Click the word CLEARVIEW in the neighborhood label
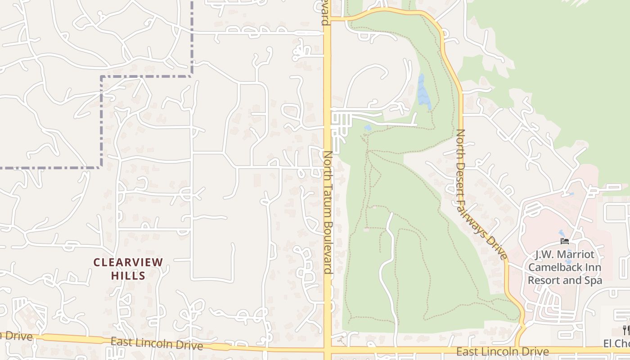128,262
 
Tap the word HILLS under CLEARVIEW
128,275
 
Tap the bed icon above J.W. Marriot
565,242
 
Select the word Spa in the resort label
592,280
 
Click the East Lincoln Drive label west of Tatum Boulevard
157,344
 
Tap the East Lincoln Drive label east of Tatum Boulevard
503,351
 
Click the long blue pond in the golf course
423,92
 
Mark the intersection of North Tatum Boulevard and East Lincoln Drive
328,349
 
